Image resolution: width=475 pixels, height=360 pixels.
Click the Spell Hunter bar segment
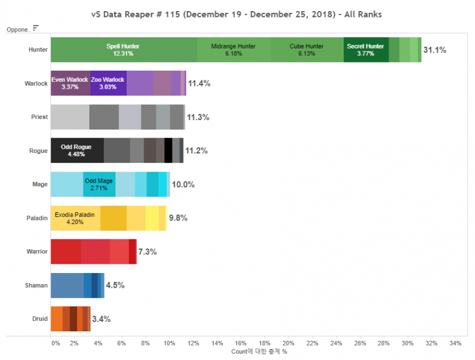pyautogui.click(x=123, y=50)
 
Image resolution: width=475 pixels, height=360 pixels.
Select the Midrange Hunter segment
pyautogui.click(x=233, y=50)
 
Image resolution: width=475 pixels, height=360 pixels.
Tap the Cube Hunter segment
pyautogui.click(x=306, y=50)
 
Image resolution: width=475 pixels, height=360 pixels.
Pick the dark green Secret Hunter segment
pyautogui.click(x=365, y=50)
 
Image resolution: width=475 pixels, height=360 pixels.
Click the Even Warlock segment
pyautogui.click(x=70, y=83)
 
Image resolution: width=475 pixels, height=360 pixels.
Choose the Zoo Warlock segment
pyautogui.click(x=108, y=83)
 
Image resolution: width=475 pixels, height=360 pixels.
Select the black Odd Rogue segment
pyautogui.click(x=76, y=151)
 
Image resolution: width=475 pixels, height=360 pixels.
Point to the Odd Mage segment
pyautogui.click(x=99, y=184)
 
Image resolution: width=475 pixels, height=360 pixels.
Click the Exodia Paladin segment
pyautogui.click(x=75, y=218)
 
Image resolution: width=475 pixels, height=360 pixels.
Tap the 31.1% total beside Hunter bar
pyautogui.click(x=435, y=50)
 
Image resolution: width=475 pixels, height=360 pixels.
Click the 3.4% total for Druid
pyautogui.click(x=102, y=319)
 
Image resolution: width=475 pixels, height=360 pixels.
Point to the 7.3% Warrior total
pyautogui.click(x=148, y=252)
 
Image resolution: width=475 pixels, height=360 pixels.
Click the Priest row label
pyautogui.click(x=39, y=117)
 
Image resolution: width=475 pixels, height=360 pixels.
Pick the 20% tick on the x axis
pyautogui.click(x=288, y=343)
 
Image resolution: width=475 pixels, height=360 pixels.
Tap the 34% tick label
pyautogui.click(x=455, y=343)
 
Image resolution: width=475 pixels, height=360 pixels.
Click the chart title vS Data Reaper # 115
pyautogui.click(x=237, y=14)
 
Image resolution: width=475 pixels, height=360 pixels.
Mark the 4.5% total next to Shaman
pyautogui.click(x=115, y=285)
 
